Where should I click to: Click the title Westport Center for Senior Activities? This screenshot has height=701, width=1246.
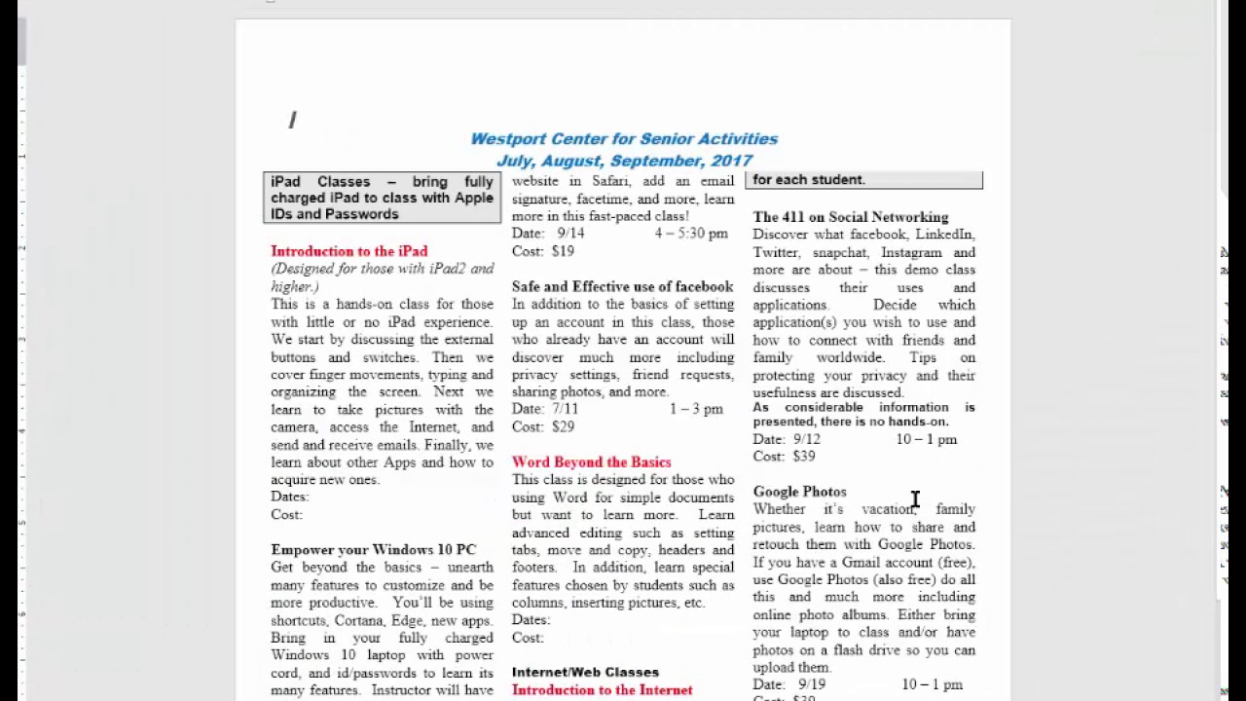click(x=624, y=139)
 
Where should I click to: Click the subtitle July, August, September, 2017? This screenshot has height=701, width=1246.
click(x=624, y=161)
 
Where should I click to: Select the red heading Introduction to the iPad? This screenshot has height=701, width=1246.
click(x=348, y=251)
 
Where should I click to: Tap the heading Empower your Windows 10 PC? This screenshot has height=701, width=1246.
click(x=373, y=550)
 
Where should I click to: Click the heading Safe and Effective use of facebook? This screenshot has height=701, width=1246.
click(x=622, y=286)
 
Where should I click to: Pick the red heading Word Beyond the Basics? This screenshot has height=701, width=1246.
click(x=591, y=462)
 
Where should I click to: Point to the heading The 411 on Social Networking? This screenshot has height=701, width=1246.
click(x=850, y=217)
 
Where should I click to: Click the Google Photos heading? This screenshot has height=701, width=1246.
click(x=799, y=492)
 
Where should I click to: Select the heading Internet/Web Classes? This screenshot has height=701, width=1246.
click(x=585, y=672)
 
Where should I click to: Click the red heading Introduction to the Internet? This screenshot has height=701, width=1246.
click(x=602, y=690)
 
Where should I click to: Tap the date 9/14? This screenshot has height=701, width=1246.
click(x=570, y=234)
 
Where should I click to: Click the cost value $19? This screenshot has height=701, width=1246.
click(x=563, y=251)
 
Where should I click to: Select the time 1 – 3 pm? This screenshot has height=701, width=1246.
click(x=696, y=409)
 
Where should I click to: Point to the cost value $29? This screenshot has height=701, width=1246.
click(x=563, y=426)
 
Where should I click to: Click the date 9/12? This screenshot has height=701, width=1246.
click(x=807, y=439)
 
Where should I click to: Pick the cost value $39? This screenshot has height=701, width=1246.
click(x=803, y=456)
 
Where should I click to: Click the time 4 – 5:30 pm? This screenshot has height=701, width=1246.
click(x=691, y=234)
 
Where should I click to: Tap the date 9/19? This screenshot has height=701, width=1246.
click(x=811, y=684)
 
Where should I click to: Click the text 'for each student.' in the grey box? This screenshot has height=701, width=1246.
click(x=808, y=179)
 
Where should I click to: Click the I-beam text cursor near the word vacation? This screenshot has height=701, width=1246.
click(x=915, y=499)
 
